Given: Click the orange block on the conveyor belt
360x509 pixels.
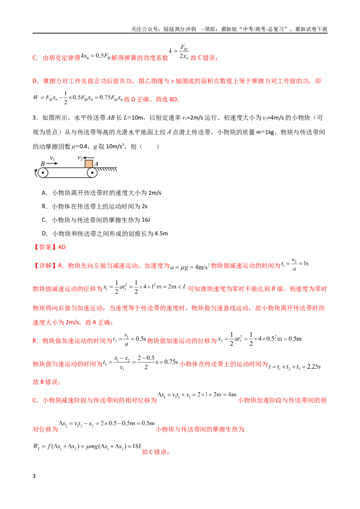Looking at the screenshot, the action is [89, 164].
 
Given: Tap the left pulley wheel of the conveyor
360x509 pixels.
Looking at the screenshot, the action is [43, 173].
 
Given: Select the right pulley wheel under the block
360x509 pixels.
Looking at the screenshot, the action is [92, 173].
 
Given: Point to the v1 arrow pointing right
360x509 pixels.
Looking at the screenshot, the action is [52, 164].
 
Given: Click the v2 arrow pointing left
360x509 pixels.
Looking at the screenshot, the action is [88, 158].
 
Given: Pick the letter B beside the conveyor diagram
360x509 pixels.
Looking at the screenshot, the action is [42, 164].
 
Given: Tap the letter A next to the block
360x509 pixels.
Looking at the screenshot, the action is [96, 164].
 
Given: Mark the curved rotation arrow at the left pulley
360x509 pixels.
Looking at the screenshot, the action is [36, 173].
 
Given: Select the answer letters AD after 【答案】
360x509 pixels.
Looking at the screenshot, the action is [62, 247].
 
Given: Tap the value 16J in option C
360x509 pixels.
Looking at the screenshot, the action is [145, 220].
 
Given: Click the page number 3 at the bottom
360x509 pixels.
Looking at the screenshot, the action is [34, 476].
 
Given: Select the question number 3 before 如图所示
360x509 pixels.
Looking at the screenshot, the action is [34, 118].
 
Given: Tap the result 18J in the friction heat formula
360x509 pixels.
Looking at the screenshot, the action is [136, 446].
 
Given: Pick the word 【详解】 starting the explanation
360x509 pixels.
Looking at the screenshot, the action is [45, 266].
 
